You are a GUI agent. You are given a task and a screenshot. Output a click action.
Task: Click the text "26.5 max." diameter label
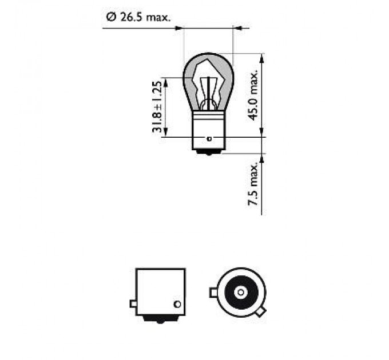coord(144,18)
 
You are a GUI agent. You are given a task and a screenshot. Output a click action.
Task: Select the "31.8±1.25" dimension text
coord(158,107)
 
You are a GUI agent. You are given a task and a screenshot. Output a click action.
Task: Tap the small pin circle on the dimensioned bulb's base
coord(209,138)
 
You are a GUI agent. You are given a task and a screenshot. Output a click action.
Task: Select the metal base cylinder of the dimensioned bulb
coord(208,129)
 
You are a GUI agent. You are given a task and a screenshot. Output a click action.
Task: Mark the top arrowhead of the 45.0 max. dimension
coord(262,57)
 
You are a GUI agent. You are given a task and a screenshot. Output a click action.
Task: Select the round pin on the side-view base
coord(177,303)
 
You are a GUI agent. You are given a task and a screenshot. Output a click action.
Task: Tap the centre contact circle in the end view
coord(241,293)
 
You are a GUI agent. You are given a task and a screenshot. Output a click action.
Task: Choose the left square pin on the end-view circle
coord(213,293)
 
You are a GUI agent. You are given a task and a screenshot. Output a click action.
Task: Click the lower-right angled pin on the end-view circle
coord(261,313)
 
